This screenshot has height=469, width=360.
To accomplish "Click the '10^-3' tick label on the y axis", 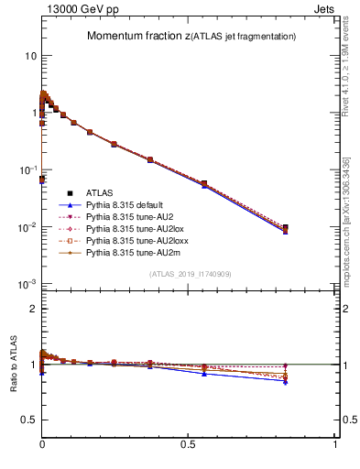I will [x=27, y=284].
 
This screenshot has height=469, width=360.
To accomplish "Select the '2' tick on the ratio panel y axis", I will [x=34, y=309].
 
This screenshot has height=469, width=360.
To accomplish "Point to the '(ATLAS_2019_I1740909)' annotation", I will [x=190, y=274].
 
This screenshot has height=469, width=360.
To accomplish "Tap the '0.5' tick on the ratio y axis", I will [x=29, y=420].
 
